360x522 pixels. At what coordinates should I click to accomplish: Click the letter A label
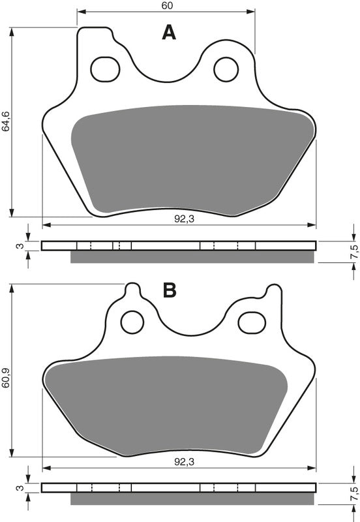(169, 33)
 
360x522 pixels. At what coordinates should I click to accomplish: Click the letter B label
(170, 290)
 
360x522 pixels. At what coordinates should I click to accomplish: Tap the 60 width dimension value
(166, 6)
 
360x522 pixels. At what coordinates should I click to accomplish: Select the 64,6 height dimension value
(7, 122)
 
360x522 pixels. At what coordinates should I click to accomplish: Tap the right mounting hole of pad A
(226, 69)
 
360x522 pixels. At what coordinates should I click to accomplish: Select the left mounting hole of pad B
(133, 320)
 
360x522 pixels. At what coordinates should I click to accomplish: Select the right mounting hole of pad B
(250, 320)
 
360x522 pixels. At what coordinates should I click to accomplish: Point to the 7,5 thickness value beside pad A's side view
(353, 251)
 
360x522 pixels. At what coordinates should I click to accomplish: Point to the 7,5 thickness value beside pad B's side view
(353, 493)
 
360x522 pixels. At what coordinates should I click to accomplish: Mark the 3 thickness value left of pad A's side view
(20, 246)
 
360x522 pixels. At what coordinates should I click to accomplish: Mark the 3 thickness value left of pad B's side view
(20, 488)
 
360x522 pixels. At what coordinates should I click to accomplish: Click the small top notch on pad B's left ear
(132, 287)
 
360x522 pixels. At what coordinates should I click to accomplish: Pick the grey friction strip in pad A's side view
(192, 257)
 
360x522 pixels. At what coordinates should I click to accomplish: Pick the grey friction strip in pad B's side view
(192, 499)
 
